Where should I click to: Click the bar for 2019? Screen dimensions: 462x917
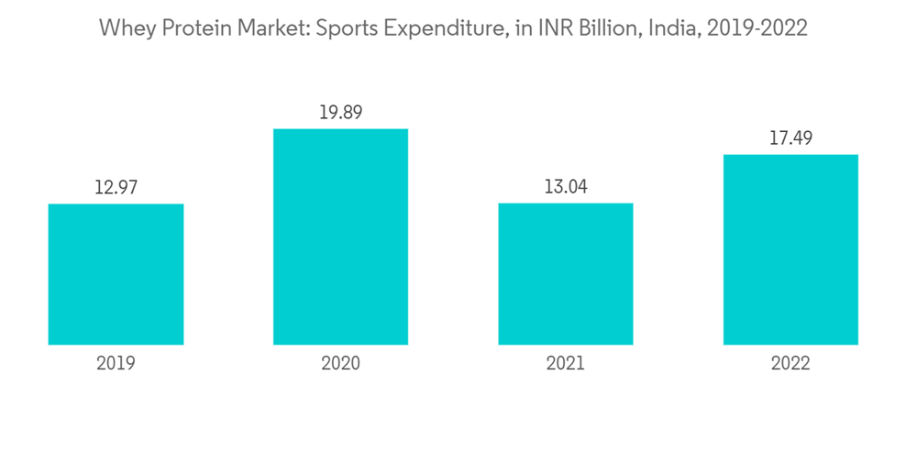tap(116, 274)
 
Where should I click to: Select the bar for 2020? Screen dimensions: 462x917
tap(340, 236)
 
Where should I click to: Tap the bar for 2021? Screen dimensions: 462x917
tap(565, 274)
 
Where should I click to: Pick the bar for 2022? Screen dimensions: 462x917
tap(790, 249)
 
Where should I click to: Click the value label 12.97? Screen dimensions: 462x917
tap(116, 188)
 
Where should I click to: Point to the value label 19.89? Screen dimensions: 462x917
tap(340, 113)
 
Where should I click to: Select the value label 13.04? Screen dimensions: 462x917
tap(565, 187)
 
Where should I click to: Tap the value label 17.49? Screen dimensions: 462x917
tap(790, 138)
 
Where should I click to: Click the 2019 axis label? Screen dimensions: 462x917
tap(116, 363)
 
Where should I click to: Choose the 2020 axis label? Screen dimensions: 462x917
tap(340, 363)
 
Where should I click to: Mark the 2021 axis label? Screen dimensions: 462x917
tap(565, 363)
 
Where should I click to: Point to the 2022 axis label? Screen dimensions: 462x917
tap(790, 363)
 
